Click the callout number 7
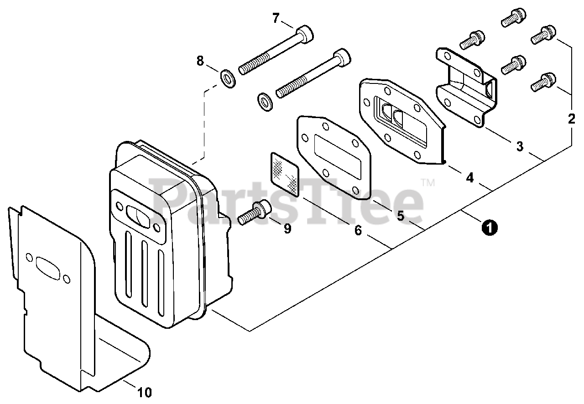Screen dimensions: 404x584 coord(276,19)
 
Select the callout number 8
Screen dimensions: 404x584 coord(200,61)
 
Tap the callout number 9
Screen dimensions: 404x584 coord(287,228)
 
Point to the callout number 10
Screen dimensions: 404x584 coord(144,391)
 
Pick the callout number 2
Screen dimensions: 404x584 coord(571,119)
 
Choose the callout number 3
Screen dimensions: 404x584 coord(519,146)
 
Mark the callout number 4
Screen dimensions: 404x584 coord(469,177)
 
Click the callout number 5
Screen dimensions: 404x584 coord(400,216)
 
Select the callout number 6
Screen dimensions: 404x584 coord(358,231)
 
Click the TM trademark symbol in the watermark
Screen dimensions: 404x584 coord(428,183)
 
